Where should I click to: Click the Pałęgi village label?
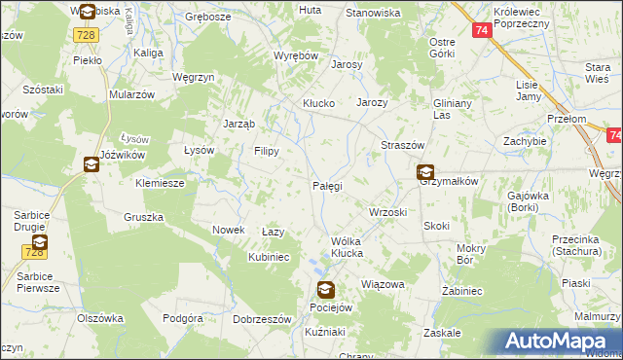click(326, 185)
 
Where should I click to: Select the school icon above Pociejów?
click(325, 290)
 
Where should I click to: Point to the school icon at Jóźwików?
click(91, 164)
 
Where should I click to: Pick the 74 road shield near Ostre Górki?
click(483, 30)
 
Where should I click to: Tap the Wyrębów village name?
click(296, 56)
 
